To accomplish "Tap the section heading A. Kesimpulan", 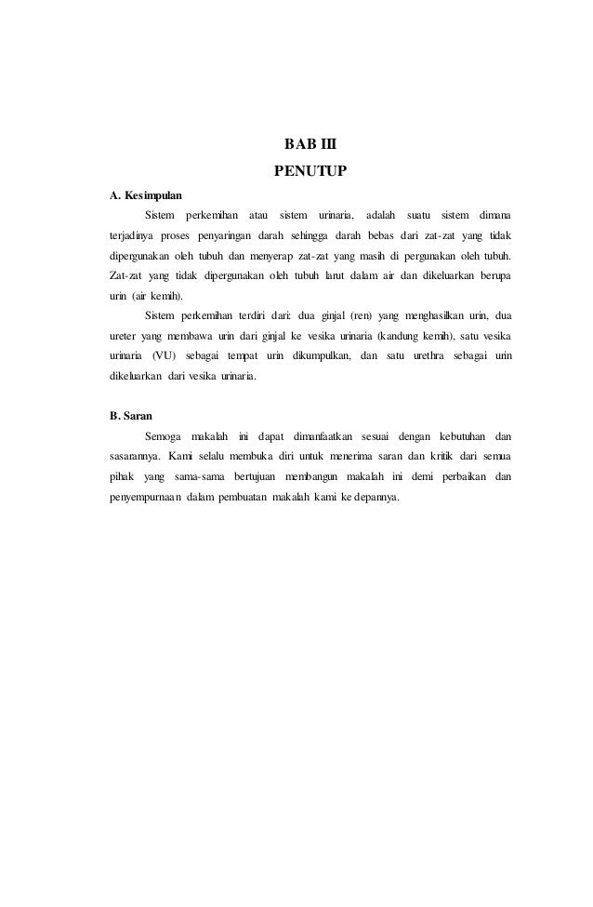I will pyautogui.click(x=146, y=196).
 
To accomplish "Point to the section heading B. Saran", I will pyautogui.click(x=131, y=415).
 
